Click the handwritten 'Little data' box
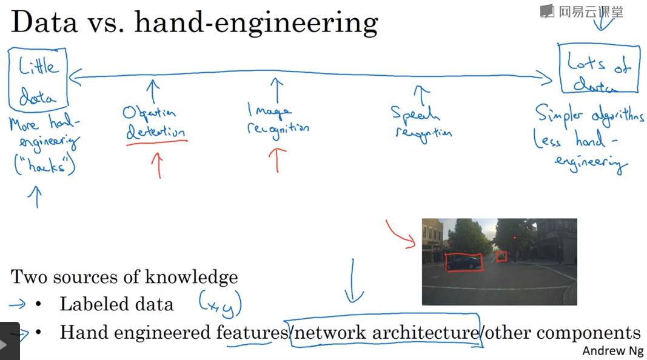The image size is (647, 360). pos(38,78)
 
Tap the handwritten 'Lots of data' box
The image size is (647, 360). pos(598,68)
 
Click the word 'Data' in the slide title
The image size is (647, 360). pos(44,24)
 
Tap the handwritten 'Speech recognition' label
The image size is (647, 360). pos(421,123)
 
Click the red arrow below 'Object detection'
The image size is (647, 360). pos(158,164)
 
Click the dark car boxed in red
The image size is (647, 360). pos(463,262)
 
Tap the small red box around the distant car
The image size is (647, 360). pos(501,256)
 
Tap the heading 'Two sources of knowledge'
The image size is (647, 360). pos(124,278)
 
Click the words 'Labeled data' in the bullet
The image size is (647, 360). pos(116,304)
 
